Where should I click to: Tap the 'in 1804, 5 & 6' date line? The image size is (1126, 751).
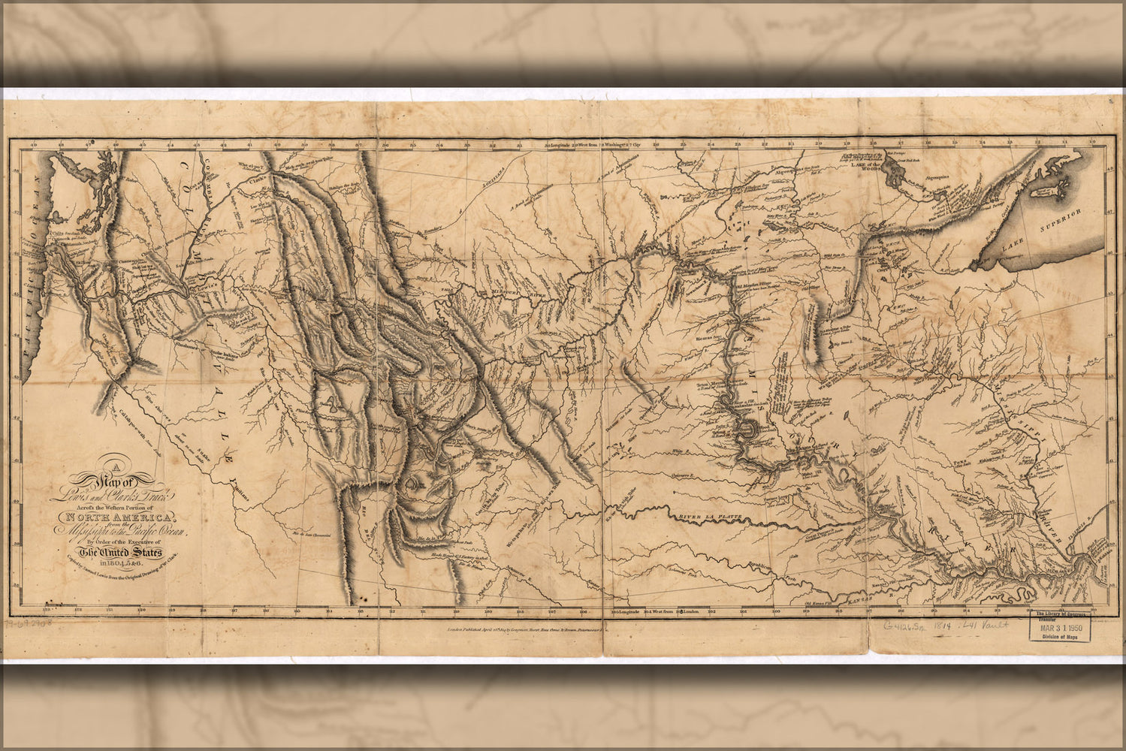tap(122, 565)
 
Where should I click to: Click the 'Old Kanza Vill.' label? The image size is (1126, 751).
tap(822, 602)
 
